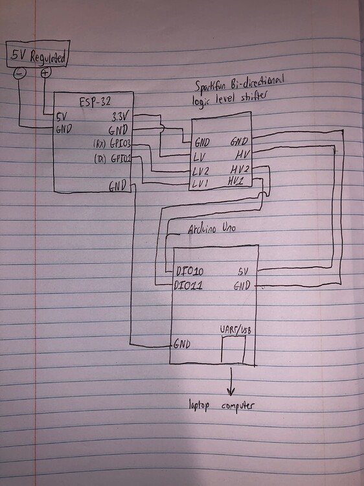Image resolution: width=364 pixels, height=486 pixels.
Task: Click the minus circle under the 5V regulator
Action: [19, 73]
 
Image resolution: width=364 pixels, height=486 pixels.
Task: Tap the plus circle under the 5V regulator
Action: [45, 73]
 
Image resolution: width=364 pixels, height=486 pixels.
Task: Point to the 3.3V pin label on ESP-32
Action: [120, 117]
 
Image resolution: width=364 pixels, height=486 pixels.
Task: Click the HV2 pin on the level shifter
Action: [239, 168]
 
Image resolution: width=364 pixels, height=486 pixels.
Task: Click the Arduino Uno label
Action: [210, 230]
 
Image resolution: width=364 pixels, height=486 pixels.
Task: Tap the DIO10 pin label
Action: [190, 271]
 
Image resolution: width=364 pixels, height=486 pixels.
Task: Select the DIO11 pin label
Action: [190, 284]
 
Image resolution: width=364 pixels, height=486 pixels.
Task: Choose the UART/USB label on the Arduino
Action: [234, 330]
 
